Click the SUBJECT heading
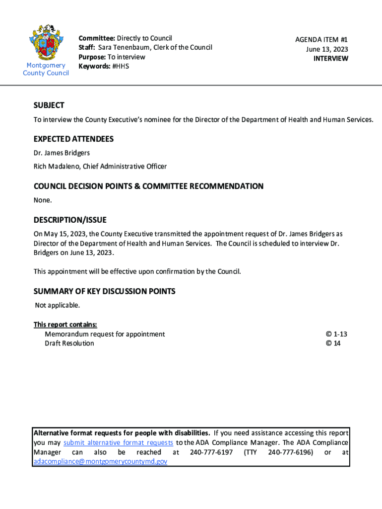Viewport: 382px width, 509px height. point(49,105)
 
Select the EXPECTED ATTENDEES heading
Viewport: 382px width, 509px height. point(73,139)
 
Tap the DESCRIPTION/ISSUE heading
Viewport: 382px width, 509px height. point(70,220)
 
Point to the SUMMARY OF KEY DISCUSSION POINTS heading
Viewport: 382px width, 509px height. point(104,291)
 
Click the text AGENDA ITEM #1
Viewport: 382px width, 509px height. point(321,40)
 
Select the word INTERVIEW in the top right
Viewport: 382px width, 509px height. point(331,59)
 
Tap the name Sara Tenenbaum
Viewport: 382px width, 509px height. point(121,48)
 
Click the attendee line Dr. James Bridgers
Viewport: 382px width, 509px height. point(62,153)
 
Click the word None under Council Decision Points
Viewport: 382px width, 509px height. point(43,200)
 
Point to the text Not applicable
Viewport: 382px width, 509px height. point(57,305)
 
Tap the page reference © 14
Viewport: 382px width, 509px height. point(333,343)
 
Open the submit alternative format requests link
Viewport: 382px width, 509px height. point(119,443)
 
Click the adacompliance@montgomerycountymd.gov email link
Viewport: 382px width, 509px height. point(100,461)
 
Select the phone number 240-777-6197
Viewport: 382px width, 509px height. point(211,452)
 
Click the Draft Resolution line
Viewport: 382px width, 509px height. point(69,343)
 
